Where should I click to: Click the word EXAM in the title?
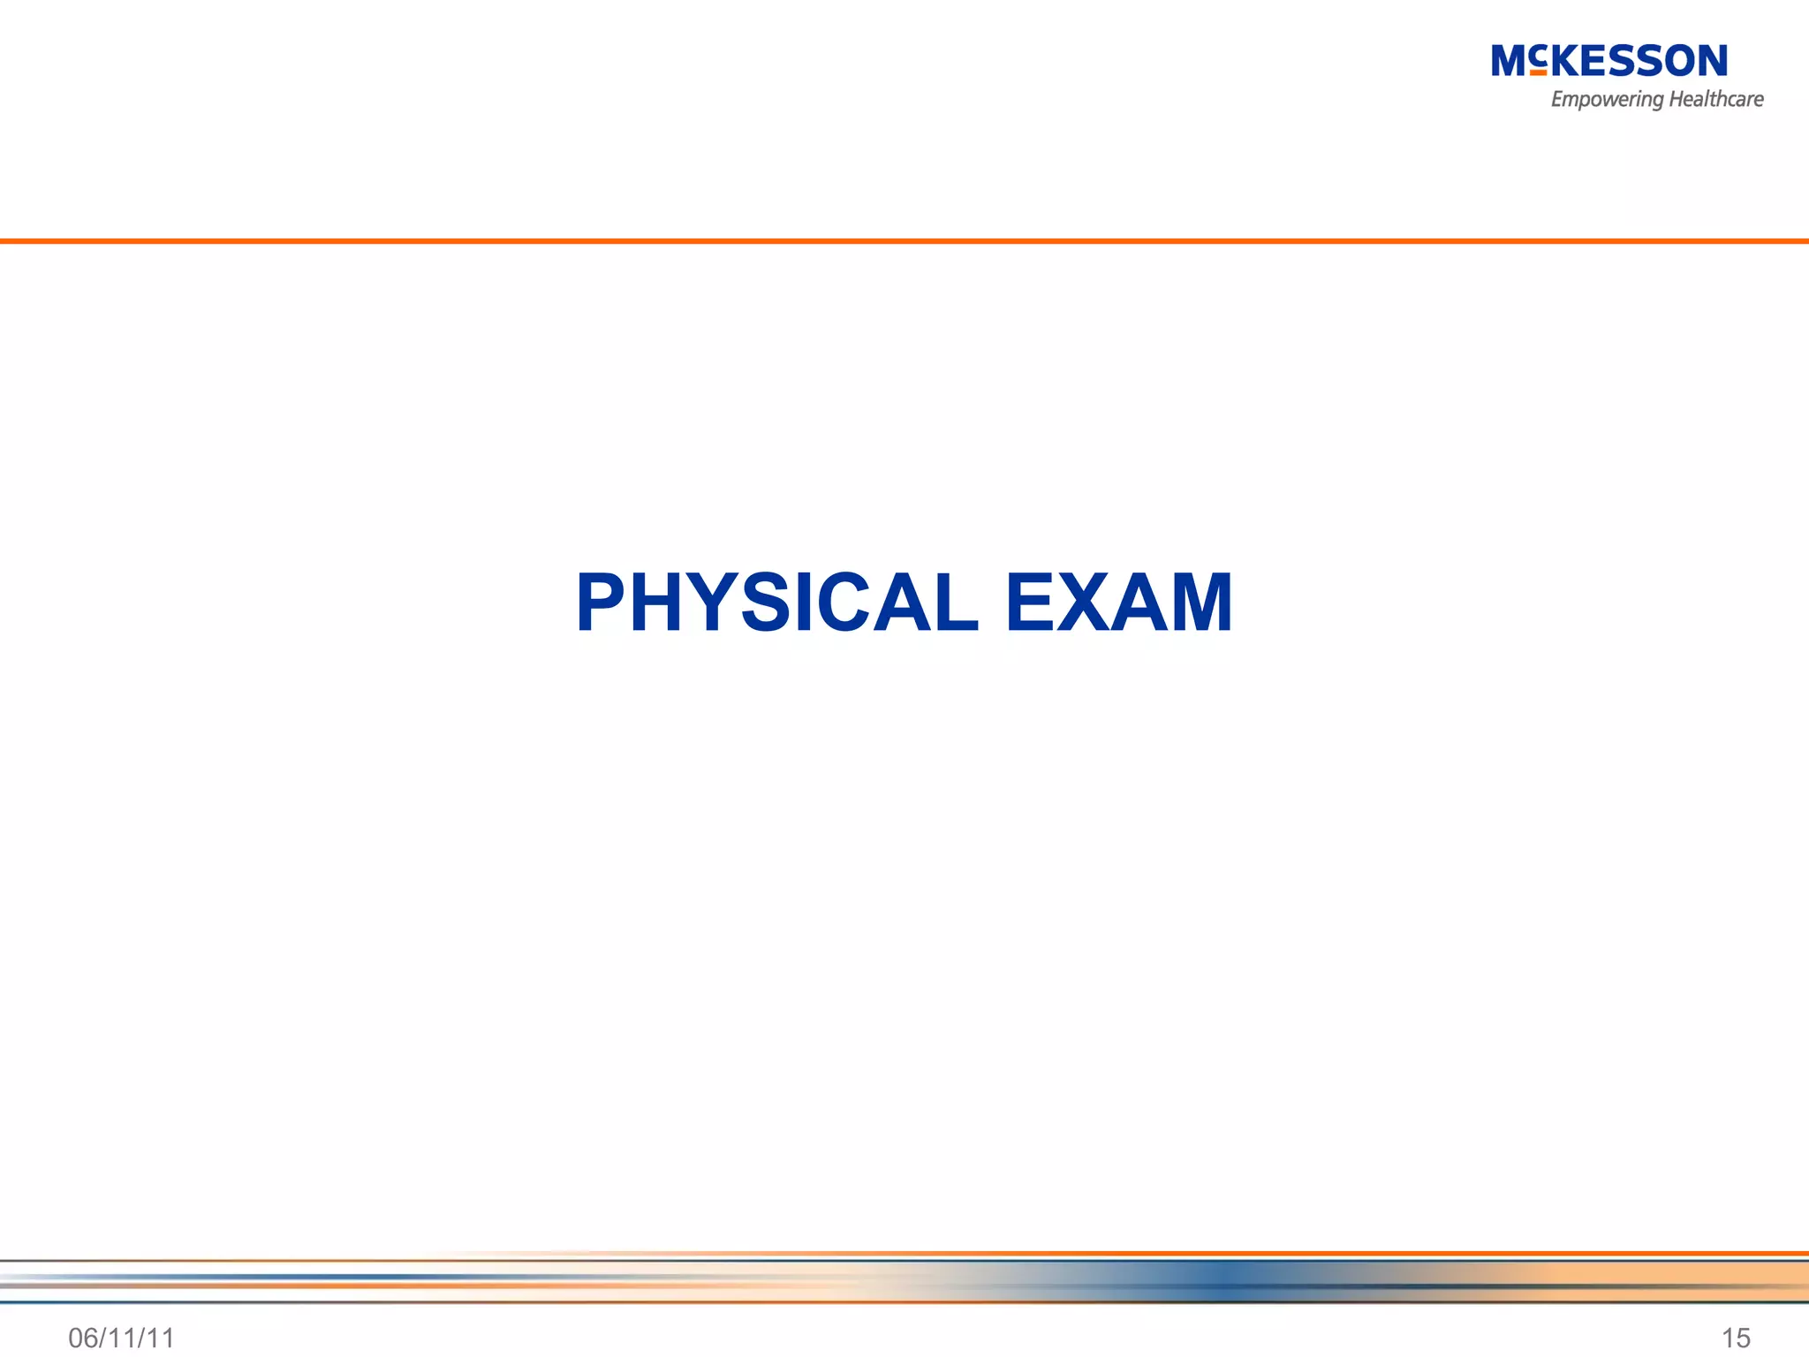1118,603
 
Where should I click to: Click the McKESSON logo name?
1608,61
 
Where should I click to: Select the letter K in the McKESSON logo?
1568,61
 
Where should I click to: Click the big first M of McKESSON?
1510,61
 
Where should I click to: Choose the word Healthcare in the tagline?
1715,99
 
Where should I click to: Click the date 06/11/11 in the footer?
121,1338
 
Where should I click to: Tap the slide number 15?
1736,1338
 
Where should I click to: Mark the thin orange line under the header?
904,240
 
